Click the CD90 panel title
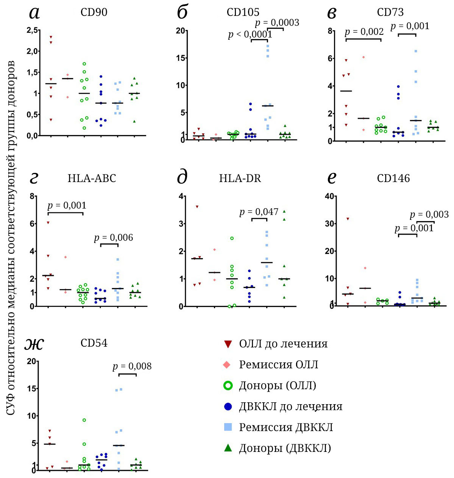click(x=94, y=12)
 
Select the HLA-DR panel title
click(x=240, y=178)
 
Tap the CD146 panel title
click(x=393, y=178)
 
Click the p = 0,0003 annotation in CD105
click(x=277, y=23)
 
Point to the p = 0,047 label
click(x=259, y=212)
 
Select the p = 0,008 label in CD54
click(x=132, y=366)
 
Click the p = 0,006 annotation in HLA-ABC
click(x=114, y=238)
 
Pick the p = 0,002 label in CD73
click(x=364, y=32)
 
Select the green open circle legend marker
click(x=228, y=386)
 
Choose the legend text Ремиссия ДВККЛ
click(x=286, y=427)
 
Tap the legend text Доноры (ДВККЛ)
click(x=285, y=448)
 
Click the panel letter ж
click(x=34, y=343)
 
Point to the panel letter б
click(x=183, y=12)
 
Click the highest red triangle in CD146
click(x=348, y=219)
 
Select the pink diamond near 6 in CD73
click(x=364, y=57)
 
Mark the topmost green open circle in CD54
click(x=84, y=420)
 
